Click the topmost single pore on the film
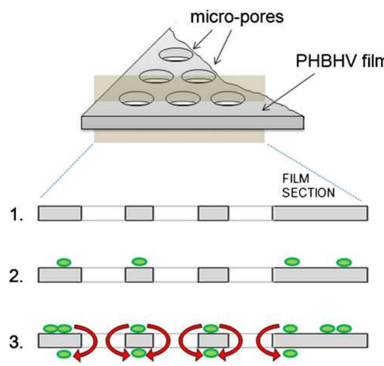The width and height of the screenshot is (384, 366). [176, 55]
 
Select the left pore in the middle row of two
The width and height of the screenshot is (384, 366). [156, 76]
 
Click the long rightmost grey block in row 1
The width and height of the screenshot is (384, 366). [320, 213]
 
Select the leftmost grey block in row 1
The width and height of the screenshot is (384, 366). [60, 213]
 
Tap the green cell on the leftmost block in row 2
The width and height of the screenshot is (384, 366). [64, 262]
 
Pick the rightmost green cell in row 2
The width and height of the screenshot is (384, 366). [344, 262]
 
